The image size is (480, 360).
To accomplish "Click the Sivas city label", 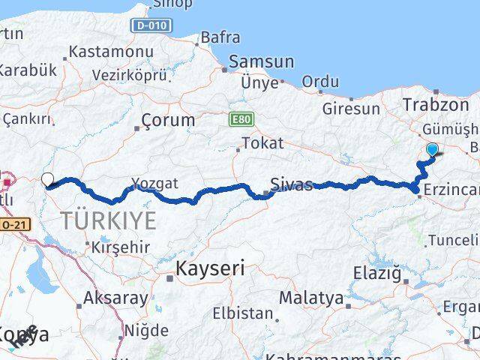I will pyautogui.click(x=292, y=184).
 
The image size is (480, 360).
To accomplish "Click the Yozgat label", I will pyautogui.click(x=155, y=182).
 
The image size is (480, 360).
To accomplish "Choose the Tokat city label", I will pyautogui.click(x=263, y=142).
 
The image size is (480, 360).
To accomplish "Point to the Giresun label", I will pyautogui.click(x=351, y=109).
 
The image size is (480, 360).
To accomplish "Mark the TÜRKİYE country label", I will pyautogui.click(x=109, y=220).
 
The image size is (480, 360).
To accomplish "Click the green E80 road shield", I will pyautogui.click(x=241, y=119).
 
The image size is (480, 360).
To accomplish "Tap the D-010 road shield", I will pyautogui.click(x=153, y=25).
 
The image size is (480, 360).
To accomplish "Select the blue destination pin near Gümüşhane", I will pyautogui.click(x=433, y=149).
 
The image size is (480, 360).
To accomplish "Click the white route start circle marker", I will pyautogui.click(x=48, y=179).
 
